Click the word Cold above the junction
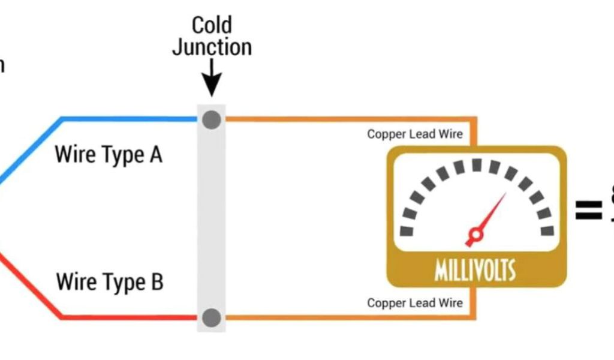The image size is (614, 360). pos(211,25)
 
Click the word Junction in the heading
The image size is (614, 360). pos(212,47)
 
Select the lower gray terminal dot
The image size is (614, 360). pos(211,318)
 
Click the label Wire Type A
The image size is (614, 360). pos(109,155)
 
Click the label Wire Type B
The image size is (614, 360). pos(109,281)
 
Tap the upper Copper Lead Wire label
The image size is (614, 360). pos(415,134)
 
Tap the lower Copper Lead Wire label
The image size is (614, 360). pos(415,303)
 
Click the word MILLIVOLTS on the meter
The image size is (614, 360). pos(475,271)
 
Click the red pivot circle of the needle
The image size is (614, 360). pos(475,234)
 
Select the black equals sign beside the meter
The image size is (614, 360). pos(588,210)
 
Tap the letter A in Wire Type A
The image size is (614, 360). pos(155,155)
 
